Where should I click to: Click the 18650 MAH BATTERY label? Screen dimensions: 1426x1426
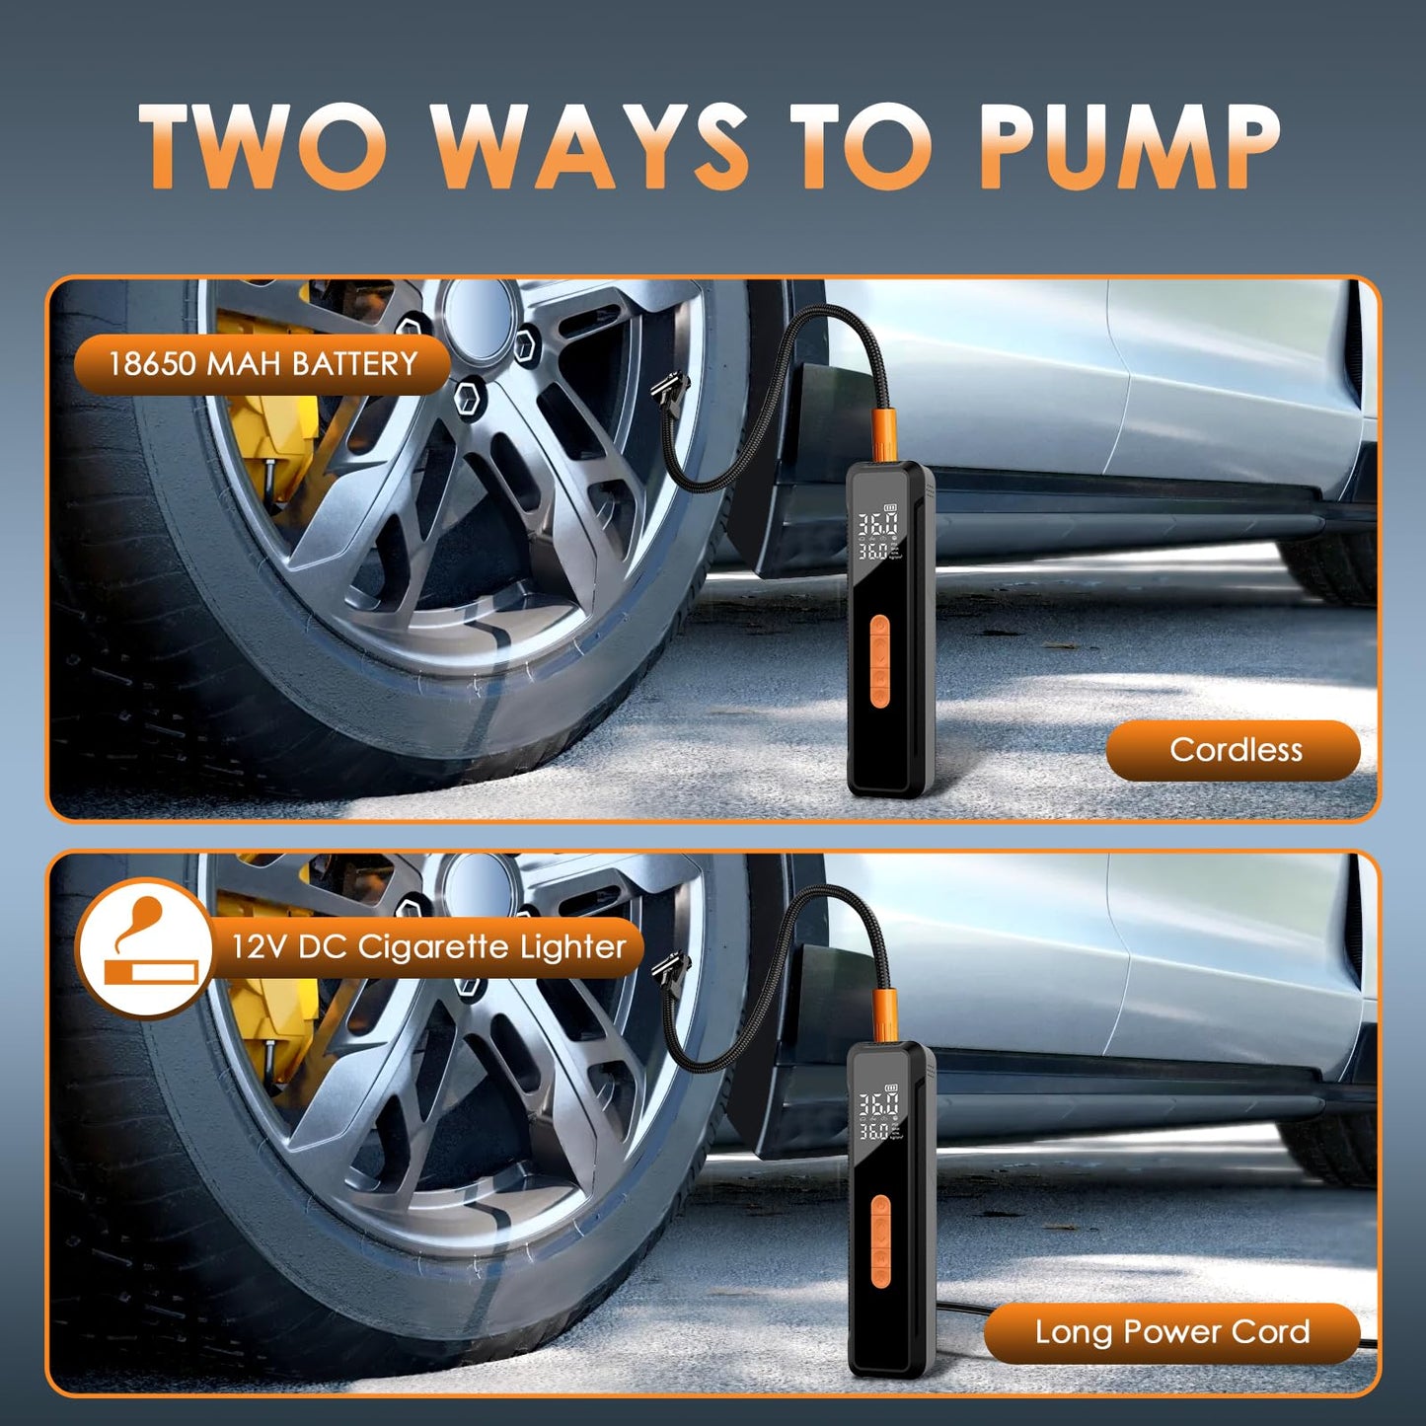tap(262, 364)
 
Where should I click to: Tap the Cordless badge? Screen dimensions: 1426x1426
tap(1234, 750)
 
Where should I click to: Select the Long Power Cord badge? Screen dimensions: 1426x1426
tap(1171, 1332)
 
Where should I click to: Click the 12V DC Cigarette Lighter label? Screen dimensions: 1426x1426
tap(427, 947)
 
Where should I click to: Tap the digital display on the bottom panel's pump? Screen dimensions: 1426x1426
tap(876, 1115)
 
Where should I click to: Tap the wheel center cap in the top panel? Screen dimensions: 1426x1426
tap(481, 314)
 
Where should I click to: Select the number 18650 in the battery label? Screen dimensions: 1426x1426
tap(152, 364)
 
